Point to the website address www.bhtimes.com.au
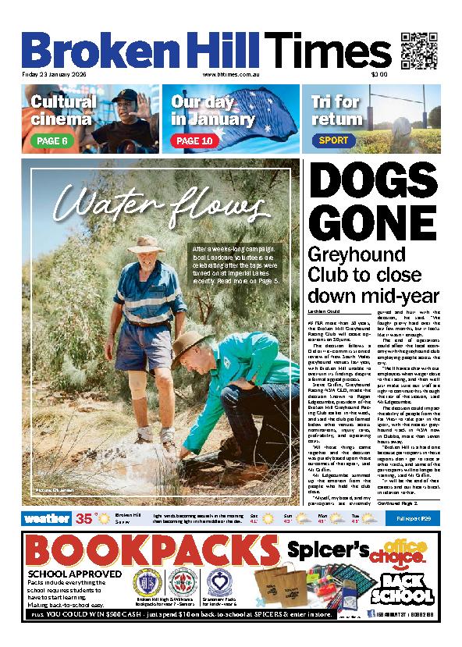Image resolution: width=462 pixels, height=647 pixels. [230, 75]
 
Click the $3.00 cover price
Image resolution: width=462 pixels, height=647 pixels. [379, 75]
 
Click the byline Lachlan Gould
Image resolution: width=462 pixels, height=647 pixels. [324, 311]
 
